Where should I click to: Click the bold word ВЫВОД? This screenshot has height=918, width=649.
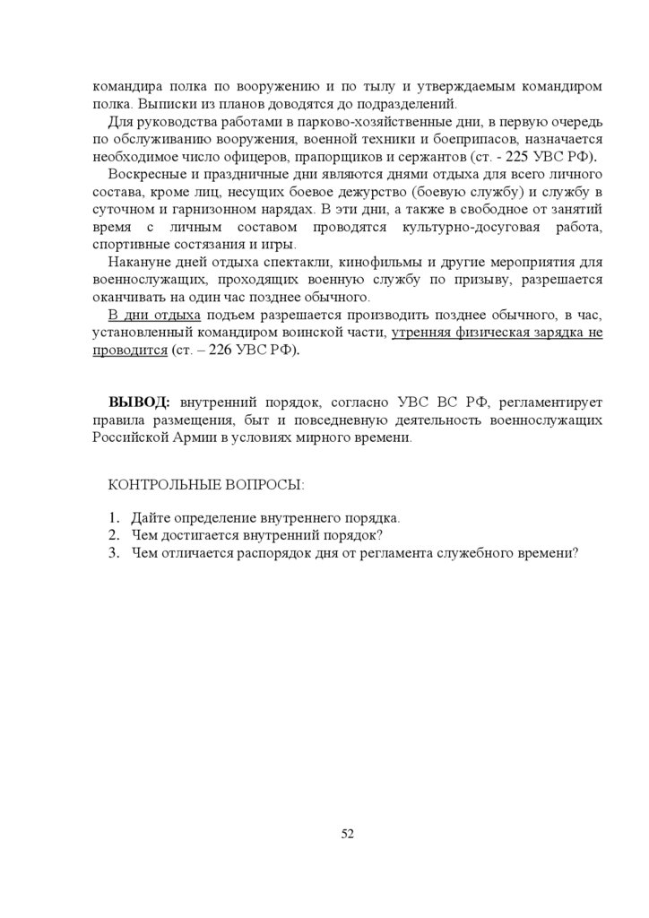click(x=140, y=400)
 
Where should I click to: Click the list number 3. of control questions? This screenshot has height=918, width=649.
click(x=113, y=552)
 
